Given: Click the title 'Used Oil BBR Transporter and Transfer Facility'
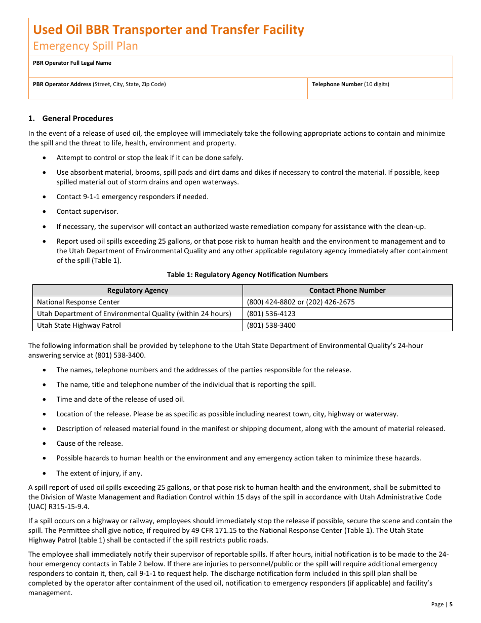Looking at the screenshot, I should coord(168,30).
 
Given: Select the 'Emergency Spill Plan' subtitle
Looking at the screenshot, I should coord(85,46).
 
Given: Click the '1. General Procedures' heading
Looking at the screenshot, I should coord(71,119).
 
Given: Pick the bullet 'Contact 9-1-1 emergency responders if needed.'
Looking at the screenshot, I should coord(132,197).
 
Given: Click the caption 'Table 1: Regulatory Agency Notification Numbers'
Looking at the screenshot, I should coord(247,275).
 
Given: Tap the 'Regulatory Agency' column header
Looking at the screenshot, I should coord(138,290).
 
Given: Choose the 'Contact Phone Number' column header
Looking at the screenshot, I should coord(347,290).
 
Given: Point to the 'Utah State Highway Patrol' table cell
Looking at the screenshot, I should coord(78,325).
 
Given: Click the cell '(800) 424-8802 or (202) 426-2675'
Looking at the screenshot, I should coord(301,302).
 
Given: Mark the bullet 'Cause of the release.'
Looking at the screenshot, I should coord(90,443).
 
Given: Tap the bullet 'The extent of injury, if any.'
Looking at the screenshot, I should coord(99,473).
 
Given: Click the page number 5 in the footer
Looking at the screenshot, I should coord(451,604).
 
